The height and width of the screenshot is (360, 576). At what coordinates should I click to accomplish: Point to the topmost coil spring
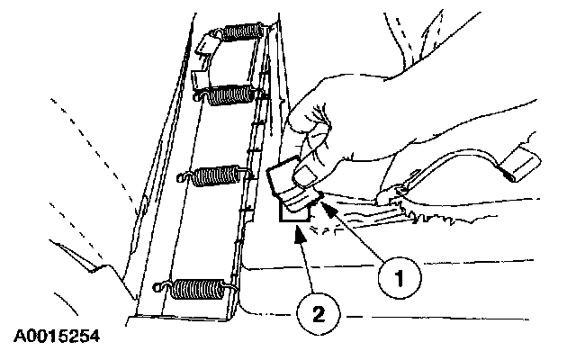click(242, 31)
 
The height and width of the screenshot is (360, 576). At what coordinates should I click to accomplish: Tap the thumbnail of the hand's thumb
click(308, 175)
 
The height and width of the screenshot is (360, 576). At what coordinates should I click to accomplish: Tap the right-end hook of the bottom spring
click(229, 288)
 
